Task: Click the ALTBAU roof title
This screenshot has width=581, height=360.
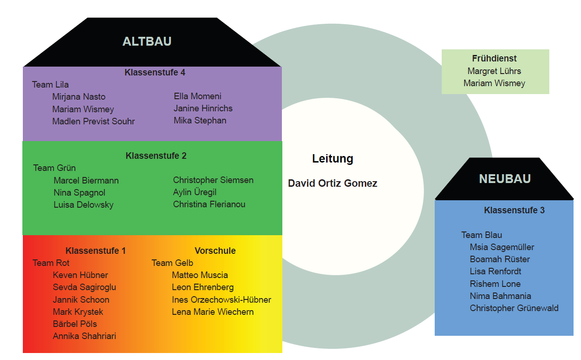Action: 147,41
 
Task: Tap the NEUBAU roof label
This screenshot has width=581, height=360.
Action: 505,179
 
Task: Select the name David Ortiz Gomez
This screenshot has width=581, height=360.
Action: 333,183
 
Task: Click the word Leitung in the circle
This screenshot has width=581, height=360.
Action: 333,159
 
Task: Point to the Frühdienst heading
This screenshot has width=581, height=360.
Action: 494,59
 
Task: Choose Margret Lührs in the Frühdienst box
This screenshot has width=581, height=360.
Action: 494,71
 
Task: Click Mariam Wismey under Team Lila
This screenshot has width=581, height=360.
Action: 83,109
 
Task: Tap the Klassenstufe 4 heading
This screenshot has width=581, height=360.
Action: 155,73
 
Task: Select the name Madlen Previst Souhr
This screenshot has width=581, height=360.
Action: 94,122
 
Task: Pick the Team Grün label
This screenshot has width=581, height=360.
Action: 55,168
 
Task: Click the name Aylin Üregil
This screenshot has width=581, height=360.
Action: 195,192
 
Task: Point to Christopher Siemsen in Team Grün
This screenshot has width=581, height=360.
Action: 213,180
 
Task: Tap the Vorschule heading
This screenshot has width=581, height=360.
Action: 215,251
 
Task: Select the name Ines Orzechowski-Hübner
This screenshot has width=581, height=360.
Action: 221,300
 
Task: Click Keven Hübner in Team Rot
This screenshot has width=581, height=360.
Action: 81,275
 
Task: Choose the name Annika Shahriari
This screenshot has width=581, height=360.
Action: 84,336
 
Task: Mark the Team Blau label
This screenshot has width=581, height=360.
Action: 482,235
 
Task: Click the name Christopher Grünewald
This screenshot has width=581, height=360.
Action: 514,308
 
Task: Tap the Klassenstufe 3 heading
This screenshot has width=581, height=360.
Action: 514,211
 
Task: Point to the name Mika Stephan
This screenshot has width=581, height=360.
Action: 200,121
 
